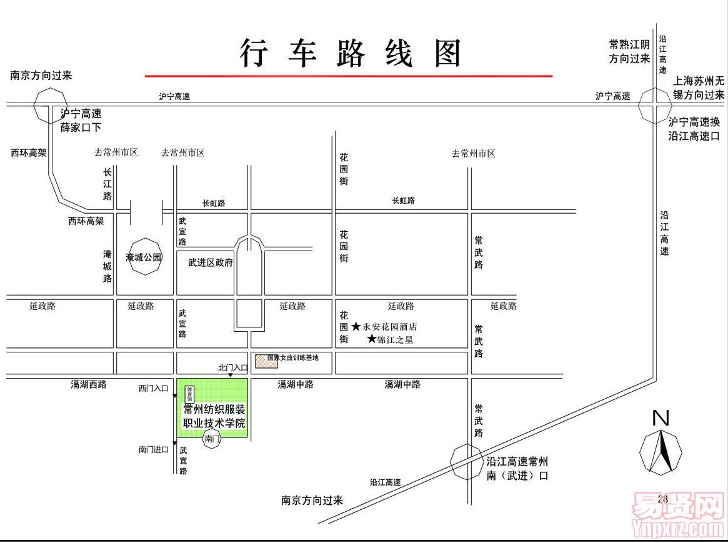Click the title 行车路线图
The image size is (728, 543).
coord(351,53)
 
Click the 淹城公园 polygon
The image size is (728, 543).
coord(144,256)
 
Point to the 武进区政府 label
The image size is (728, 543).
coord(211,263)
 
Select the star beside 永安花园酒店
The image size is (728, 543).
coord(356,326)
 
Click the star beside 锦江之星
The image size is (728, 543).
coord(372,339)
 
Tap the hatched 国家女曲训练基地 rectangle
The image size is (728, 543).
coord(266,361)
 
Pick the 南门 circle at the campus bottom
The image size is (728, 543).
coord(212,439)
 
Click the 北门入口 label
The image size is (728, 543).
coord(232,368)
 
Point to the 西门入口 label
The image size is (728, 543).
coord(153,388)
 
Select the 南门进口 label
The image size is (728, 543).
coord(154,449)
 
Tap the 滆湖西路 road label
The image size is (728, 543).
coord(88,385)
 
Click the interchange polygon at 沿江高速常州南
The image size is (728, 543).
coord(467,462)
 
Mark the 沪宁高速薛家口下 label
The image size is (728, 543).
coord(81,121)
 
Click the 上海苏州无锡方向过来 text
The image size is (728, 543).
coord(698,88)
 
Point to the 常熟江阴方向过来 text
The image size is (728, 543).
coord(630,52)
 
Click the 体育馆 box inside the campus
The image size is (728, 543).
coord(189,393)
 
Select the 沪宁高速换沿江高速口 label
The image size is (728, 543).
coord(694,129)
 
